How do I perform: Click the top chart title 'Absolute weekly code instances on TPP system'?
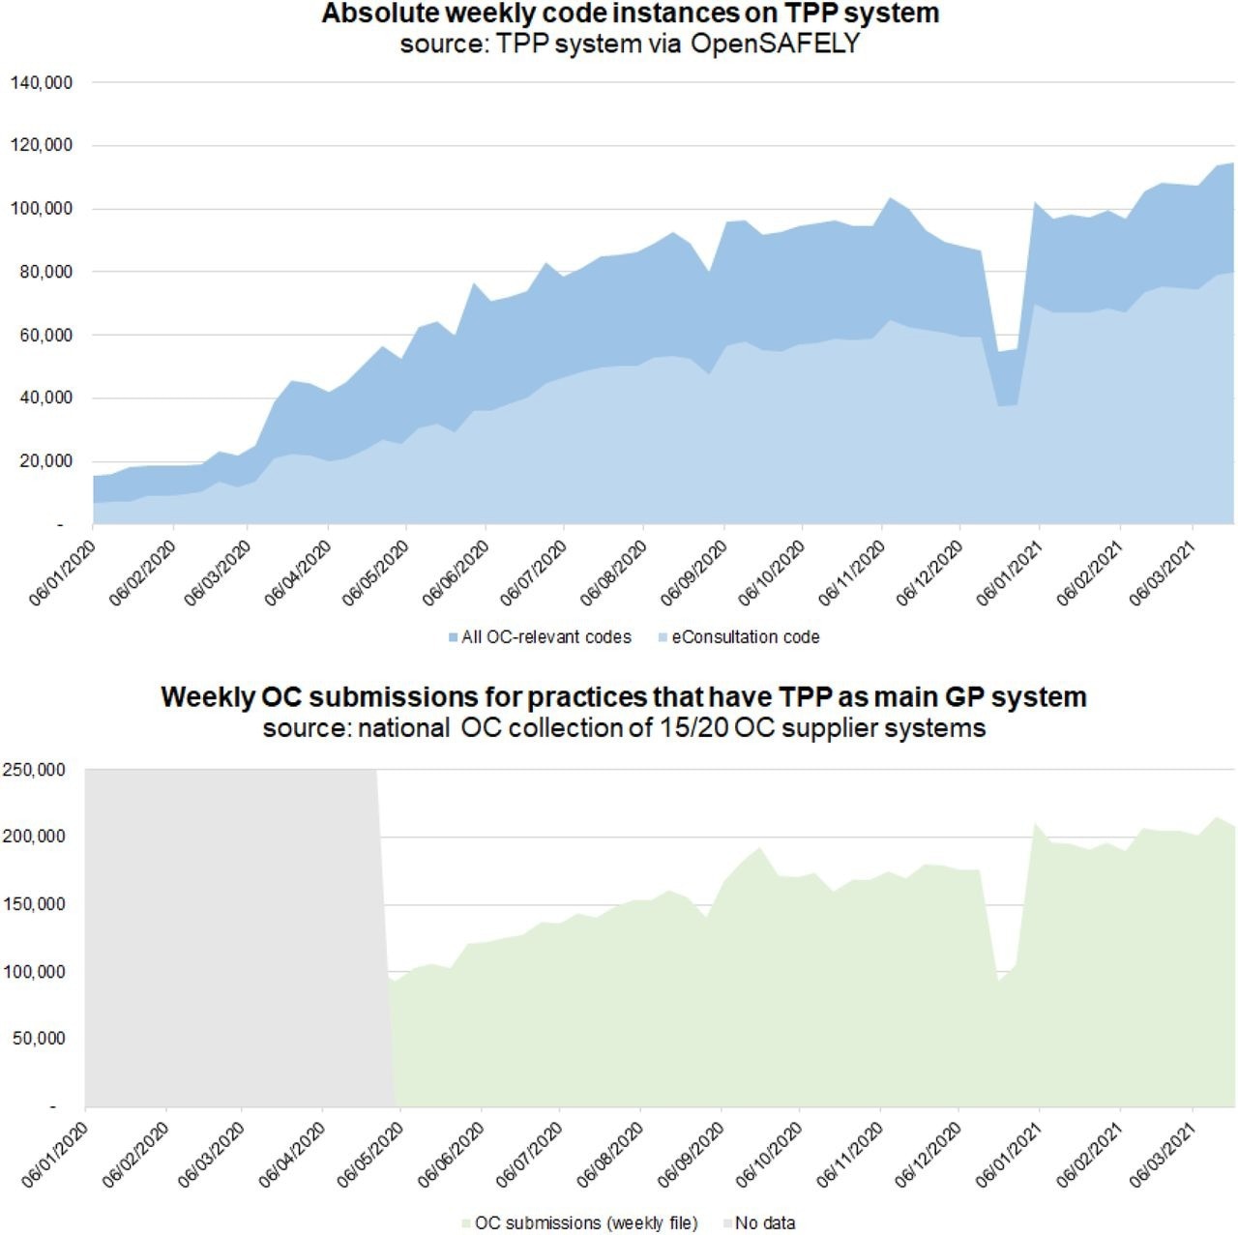[630, 15]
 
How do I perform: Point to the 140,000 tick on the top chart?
[41, 83]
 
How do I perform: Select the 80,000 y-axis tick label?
[44, 273]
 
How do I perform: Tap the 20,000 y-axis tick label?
[44, 461]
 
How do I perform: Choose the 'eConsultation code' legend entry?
[745, 637]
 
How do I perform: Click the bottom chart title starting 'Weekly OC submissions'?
[623, 697]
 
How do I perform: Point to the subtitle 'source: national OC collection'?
[624, 727]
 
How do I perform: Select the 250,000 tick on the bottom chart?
[34, 770]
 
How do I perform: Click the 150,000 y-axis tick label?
[34, 904]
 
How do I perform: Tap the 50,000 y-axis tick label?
[38, 1039]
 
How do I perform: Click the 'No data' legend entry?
[764, 1223]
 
